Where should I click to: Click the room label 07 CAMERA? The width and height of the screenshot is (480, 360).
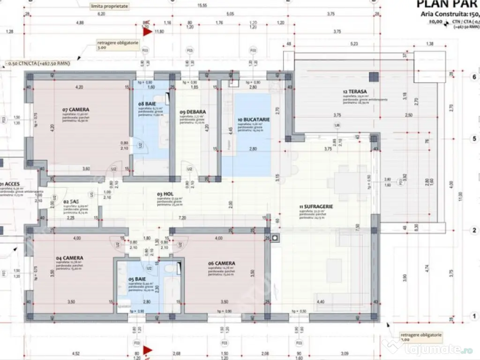(x=75, y=110)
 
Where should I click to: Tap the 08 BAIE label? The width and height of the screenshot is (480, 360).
(x=147, y=103)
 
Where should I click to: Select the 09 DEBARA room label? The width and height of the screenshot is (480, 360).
(x=193, y=112)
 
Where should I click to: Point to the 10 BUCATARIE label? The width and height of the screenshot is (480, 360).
(x=254, y=120)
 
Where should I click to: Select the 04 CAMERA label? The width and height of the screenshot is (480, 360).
(x=70, y=258)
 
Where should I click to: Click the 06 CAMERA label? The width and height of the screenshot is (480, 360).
(x=222, y=263)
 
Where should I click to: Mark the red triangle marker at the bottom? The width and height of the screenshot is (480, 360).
(x=148, y=350)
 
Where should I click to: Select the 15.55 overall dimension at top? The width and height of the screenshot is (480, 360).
(x=202, y=6)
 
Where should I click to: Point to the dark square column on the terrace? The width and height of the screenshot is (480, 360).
(x=373, y=77)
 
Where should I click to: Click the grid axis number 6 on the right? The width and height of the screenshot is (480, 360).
(x=474, y=77)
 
